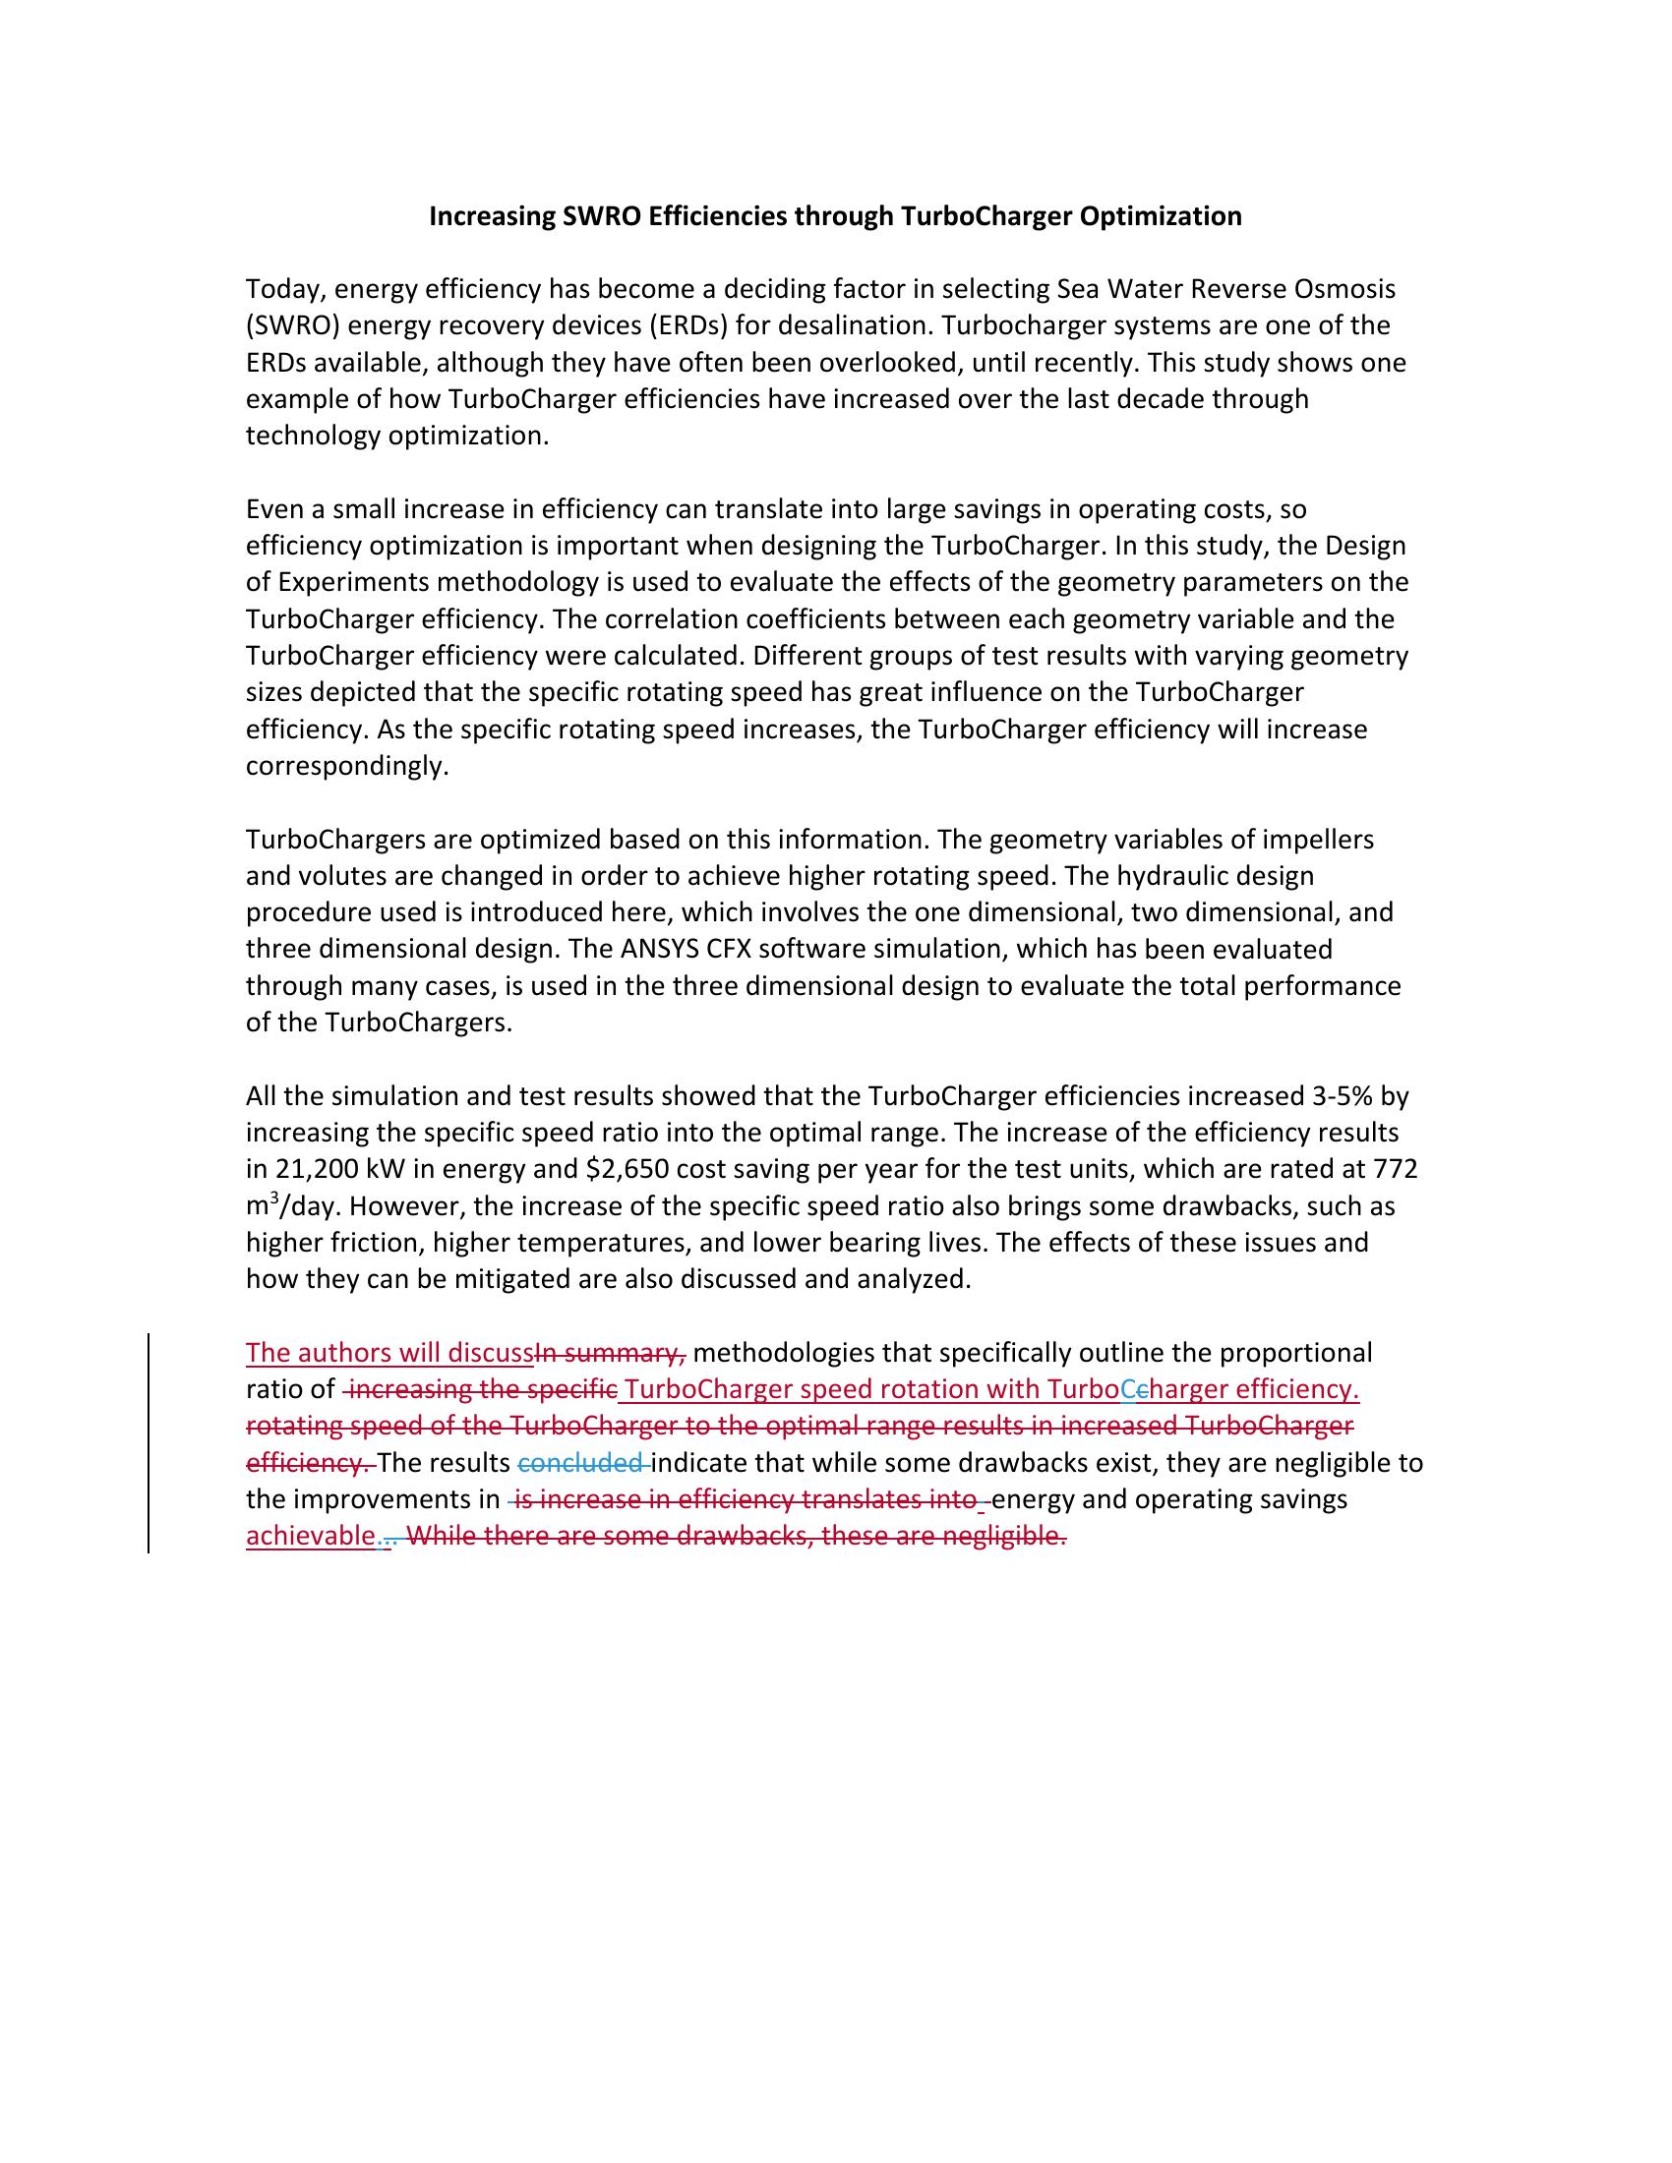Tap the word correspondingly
click(x=346, y=766)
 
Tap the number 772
click(x=1395, y=1170)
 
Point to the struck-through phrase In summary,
click(x=610, y=1353)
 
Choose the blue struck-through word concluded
click(x=580, y=1463)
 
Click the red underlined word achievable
click(x=310, y=1536)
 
